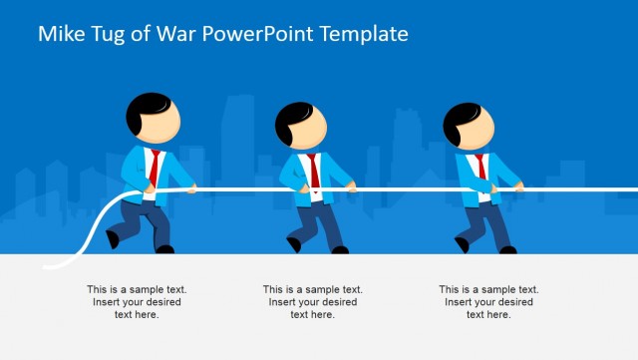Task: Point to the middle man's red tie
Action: [313, 170]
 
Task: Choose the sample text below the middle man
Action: [313, 301]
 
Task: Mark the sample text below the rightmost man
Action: [488, 301]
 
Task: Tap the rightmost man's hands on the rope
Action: [516, 185]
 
